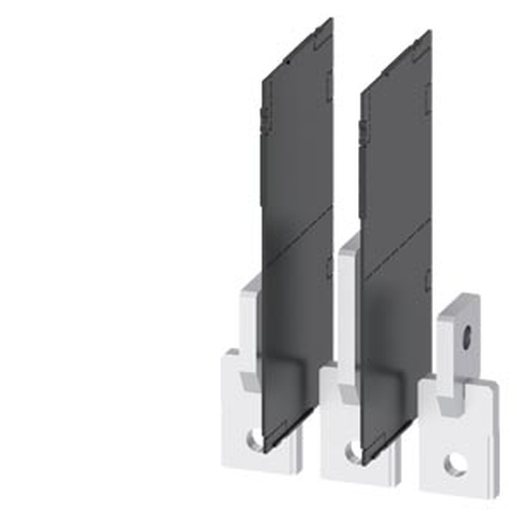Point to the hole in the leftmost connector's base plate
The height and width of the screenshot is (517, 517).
click(254, 440)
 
